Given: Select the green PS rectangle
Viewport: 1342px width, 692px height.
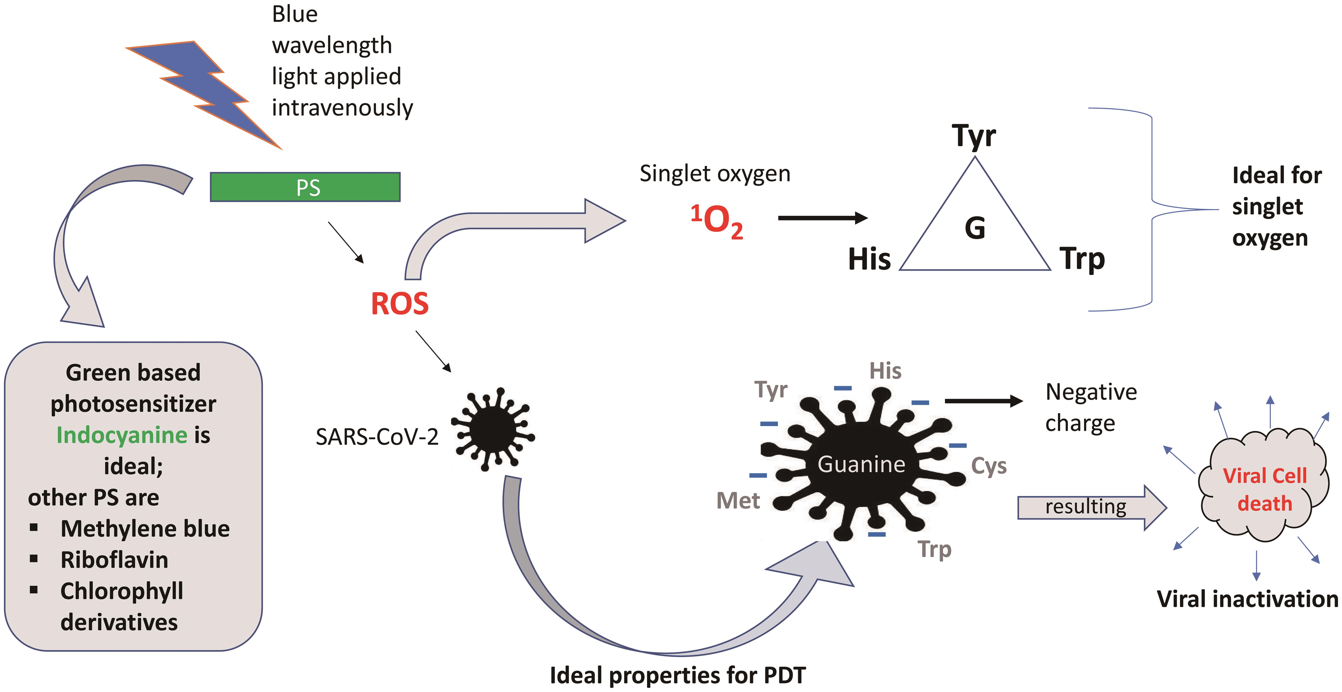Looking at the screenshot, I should click(x=305, y=187).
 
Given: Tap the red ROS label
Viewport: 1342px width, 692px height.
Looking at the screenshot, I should click(x=399, y=304).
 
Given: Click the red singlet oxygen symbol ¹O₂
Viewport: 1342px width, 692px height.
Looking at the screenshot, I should click(x=717, y=221).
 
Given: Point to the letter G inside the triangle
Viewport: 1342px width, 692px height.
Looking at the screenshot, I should click(x=975, y=228).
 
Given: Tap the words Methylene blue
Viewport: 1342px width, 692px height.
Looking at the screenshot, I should click(x=145, y=528).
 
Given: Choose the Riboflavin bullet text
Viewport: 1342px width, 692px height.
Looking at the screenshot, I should click(x=114, y=560).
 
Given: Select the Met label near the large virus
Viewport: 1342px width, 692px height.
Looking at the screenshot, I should click(x=738, y=500).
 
